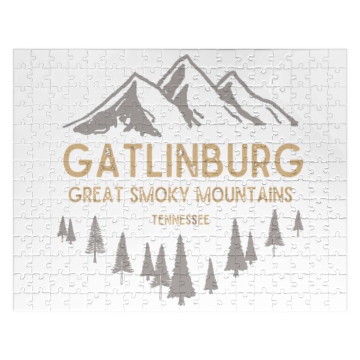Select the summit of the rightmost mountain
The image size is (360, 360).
231,73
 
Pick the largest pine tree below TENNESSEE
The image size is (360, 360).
179,270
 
